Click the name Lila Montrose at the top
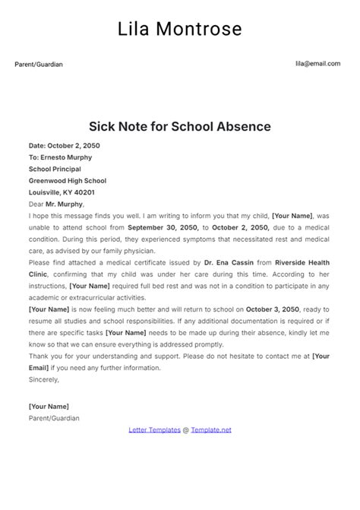(180, 29)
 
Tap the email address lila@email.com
(317, 64)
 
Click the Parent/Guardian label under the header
(39, 65)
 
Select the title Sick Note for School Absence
(180, 125)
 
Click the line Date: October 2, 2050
(64, 145)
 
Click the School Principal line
(55, 169)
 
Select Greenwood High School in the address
(68, 181)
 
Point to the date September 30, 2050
(163, 227)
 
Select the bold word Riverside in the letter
(292, 263)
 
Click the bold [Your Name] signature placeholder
(49, 407)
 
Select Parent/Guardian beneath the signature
(54, 418)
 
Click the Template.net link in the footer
(211, 429)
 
